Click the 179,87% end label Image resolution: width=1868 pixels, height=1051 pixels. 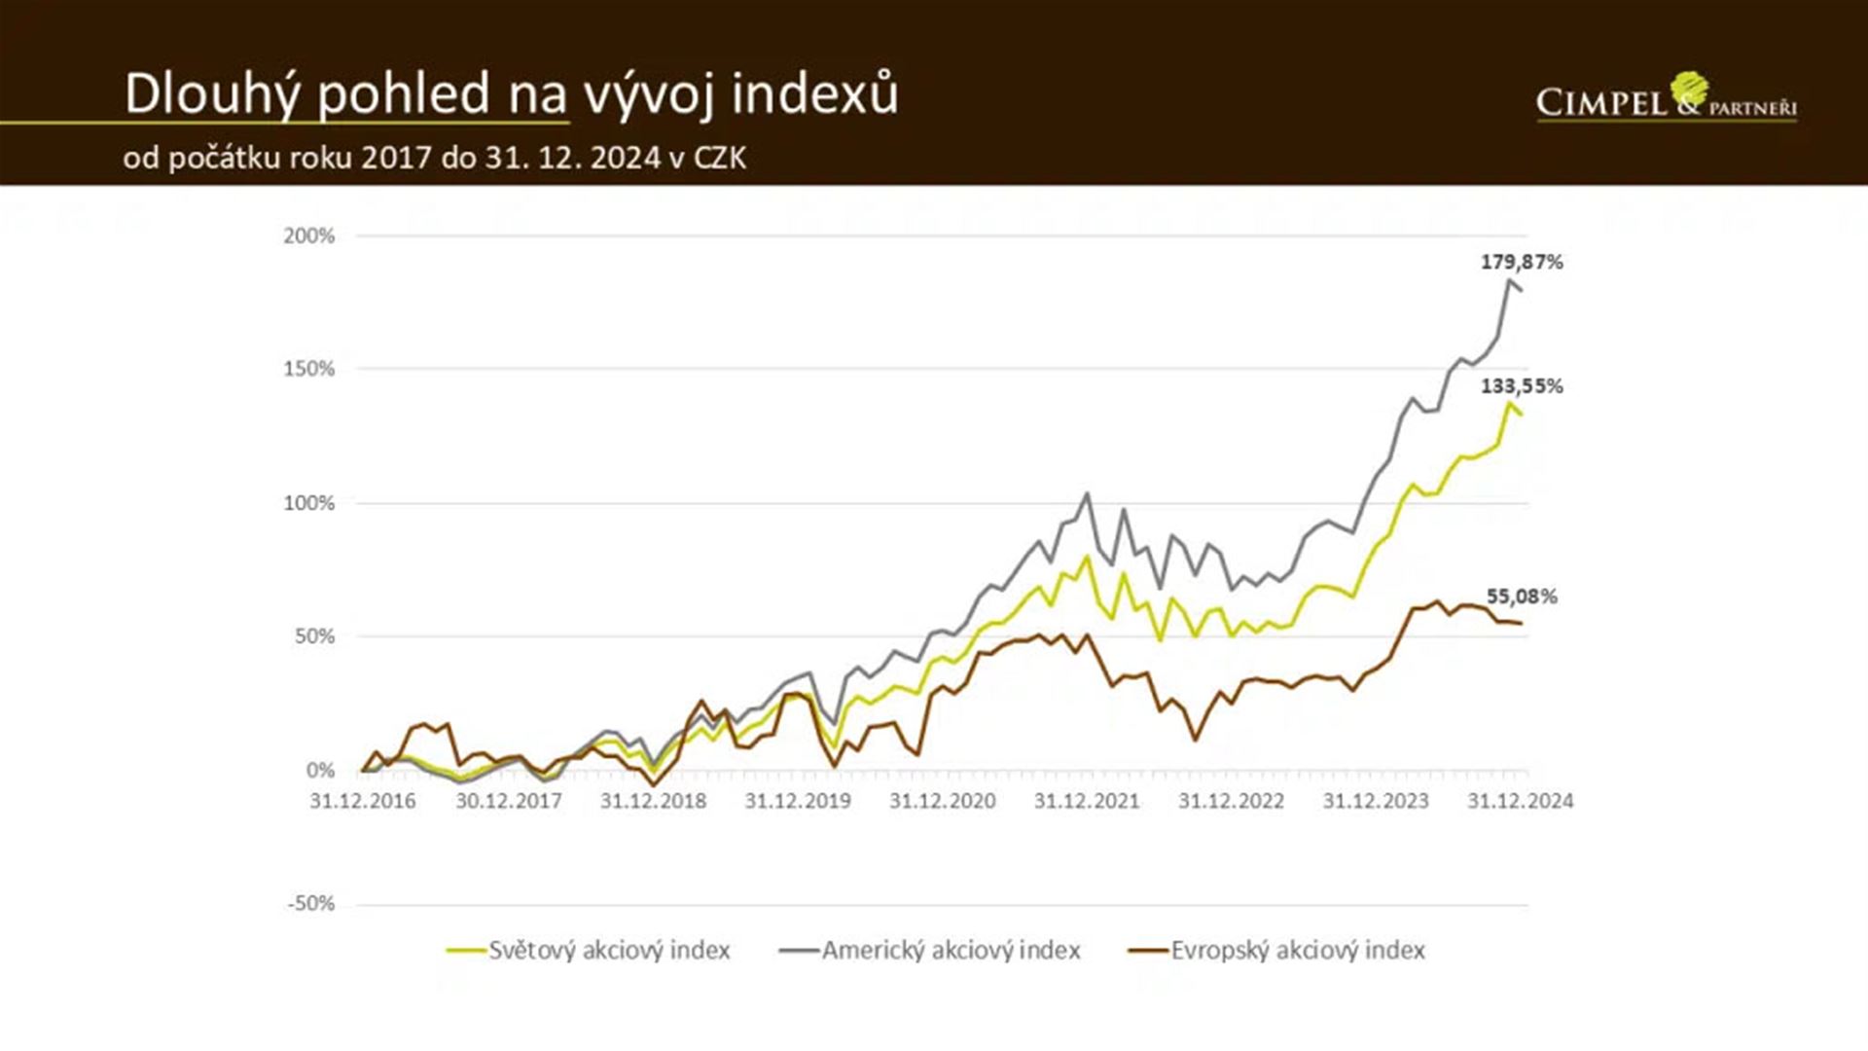tap(1522, 262)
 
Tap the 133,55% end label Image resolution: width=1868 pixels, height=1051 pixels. tap(1522, 386)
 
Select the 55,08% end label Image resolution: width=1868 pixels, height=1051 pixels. tap(1522, 597)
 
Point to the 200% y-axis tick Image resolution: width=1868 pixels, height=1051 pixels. tap(309, 236)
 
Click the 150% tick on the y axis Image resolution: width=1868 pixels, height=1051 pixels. tap(309, 369)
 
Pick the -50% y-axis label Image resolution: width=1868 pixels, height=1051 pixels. tap(311, 903)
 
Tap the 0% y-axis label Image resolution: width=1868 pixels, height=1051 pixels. tap(320, 771)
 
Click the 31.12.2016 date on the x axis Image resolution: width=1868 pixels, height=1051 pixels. tap(363, 801)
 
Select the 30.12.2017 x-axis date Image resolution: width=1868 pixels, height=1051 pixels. tap(509, 801)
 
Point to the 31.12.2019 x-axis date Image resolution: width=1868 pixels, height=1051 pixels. tap(798, 801)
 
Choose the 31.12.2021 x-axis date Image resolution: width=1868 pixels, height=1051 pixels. tap(1087, 801)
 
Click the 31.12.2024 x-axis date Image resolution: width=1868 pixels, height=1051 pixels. tap(1520, 801)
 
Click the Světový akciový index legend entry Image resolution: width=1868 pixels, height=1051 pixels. tap(590, 950)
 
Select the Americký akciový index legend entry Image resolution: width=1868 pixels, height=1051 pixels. tap(931, 950)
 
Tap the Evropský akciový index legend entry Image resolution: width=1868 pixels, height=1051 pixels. tap(1277, 950)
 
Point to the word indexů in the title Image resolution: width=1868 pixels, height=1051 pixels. tap(815, 94)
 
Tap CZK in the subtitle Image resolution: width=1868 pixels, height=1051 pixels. tap(720, 158)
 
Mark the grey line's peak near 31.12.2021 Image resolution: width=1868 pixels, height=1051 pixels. tap(1087, 493)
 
